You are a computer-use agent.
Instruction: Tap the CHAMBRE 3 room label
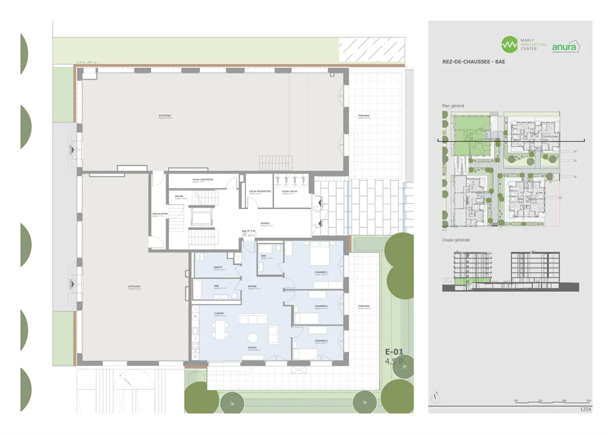(321, 341)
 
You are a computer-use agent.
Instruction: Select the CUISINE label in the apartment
(219, 314)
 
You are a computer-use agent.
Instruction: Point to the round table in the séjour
(253, 338)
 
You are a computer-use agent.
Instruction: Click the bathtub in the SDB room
(197, 290)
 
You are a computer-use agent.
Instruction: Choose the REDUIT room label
(218, 267)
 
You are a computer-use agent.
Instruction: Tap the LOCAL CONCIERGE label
(203, 180)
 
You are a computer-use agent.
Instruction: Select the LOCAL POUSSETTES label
(260, 192)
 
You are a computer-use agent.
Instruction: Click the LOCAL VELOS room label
(289, 192)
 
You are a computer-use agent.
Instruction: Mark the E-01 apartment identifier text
(394, 352)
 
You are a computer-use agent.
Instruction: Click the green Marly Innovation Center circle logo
(509, 44)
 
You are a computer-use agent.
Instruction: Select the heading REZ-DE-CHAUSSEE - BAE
(473, 62)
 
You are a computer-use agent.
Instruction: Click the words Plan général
(453, 106)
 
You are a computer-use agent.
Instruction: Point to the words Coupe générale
(456, 240)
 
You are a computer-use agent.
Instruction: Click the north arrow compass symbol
(435, 398)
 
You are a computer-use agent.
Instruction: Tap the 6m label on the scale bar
(589, 401)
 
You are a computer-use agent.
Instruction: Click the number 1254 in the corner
(585, 409)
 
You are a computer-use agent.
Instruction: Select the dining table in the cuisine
(221, 330)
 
